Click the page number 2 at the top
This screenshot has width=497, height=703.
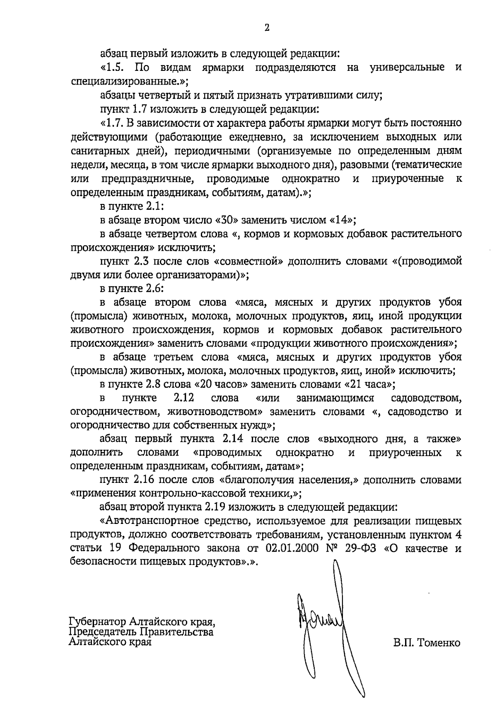[x=267, y=28]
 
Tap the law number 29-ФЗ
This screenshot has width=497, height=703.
[x=361, y=548]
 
